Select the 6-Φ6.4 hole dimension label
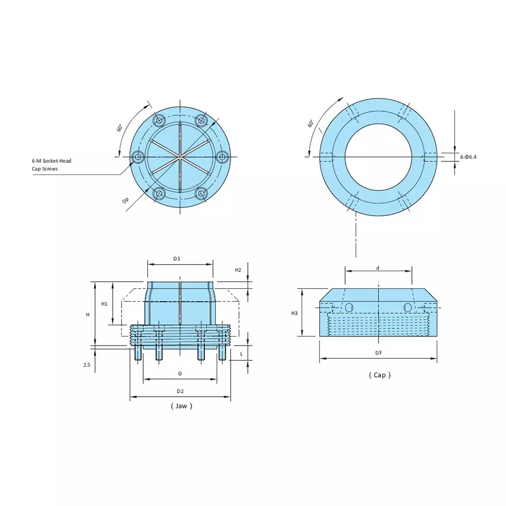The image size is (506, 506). point(468,157)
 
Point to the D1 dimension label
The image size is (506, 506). point(177,259)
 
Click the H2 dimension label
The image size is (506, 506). point(238,270)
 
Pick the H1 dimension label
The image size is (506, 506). point(104,304)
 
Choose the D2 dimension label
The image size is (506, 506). point(180,391)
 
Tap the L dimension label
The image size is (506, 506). point(241,354)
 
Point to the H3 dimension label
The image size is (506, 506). point(294,313)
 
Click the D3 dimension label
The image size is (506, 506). point(378,352)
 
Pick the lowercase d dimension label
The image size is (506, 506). point(378,268)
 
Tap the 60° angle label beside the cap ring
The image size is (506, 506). point(310,123)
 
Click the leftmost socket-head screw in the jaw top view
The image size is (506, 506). point(138,157)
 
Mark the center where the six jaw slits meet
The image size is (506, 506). point(181,157)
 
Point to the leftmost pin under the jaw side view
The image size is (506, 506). point(138,354)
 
